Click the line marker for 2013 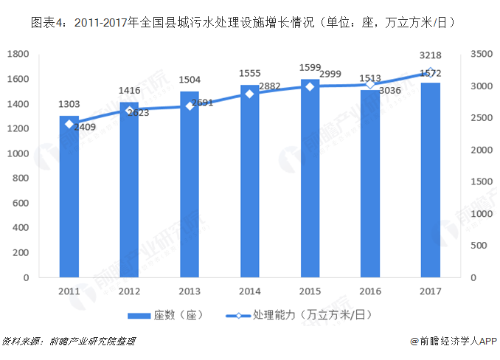click(x=190, y=105)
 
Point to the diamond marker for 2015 click(x=310, y=86)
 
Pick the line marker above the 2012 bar click(x=130, y=111)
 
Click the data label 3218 click(x=431, y=55)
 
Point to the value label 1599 click(x=310, y=68)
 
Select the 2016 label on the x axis click(x=370, y=291)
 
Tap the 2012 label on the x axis click(x=130, y=291)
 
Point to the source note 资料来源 click(x=69, y=342)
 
